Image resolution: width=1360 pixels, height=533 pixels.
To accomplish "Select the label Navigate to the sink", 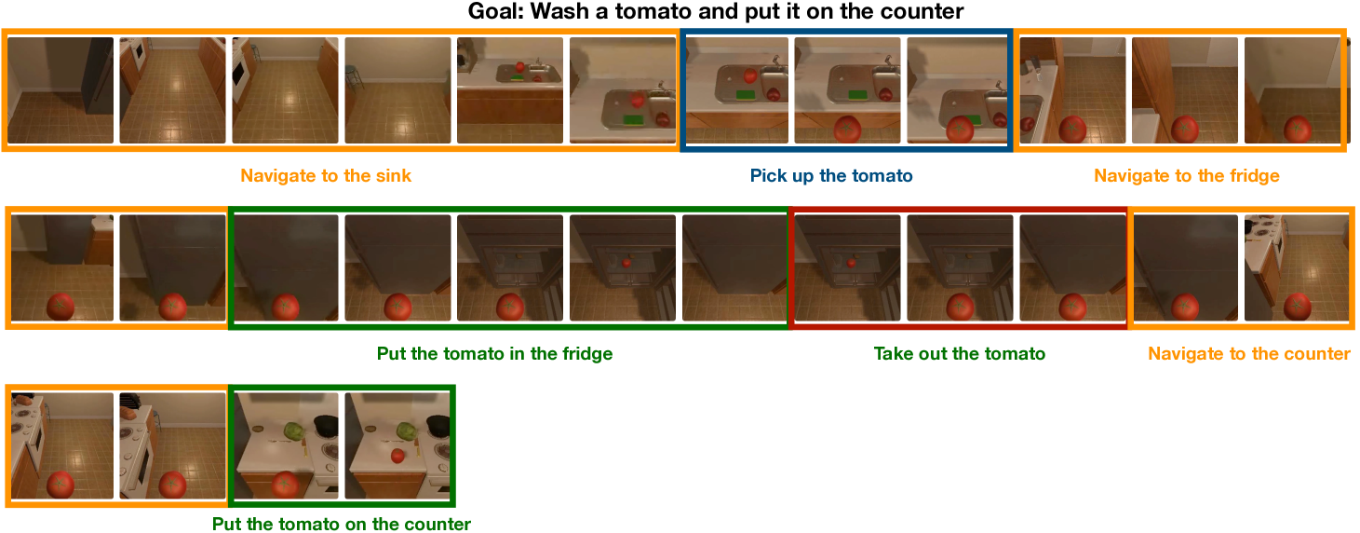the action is (326, 175).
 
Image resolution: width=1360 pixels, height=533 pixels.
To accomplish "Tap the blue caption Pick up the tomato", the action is (831, 175).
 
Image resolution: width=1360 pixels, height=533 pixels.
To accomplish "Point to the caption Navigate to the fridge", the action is (1186, 175).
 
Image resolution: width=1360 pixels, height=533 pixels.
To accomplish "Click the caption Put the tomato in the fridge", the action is (495, 354).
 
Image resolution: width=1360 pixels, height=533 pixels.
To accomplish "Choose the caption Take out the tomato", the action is (960, 354).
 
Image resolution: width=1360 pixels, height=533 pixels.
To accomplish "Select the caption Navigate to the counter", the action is (1249, 354).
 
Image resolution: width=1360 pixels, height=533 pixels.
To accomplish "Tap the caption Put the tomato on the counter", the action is (342, 524).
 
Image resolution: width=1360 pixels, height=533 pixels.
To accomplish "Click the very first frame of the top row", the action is (61, 90).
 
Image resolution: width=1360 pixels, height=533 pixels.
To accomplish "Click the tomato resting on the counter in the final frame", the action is (397, 456).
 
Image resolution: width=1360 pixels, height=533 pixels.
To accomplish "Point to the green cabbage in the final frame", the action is (406, 430).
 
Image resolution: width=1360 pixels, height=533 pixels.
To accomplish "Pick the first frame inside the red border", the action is (848, 267).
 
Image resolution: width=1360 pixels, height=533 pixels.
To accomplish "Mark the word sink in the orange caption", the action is (395, 175).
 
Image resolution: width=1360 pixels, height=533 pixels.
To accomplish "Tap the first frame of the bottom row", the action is (62, 445).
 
